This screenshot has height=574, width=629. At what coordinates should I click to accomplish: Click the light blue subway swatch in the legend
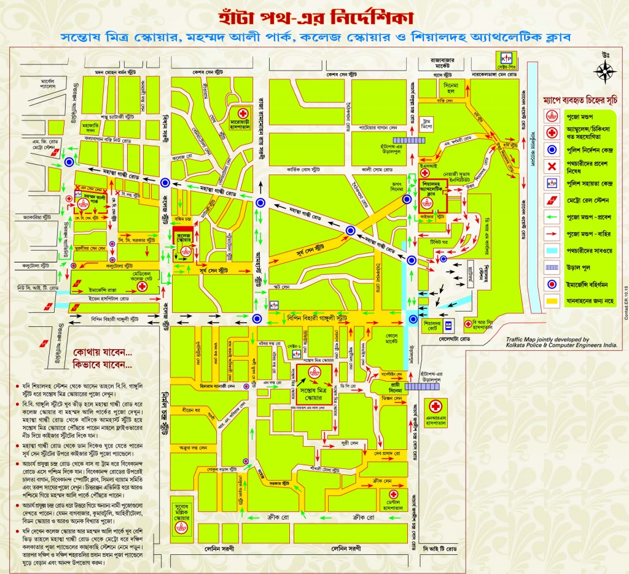(x=550, y=251)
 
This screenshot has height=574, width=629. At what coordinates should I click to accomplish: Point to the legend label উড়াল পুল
(x=577, y=267)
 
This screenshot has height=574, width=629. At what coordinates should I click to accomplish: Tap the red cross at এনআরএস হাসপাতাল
(x=436, y=406)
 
